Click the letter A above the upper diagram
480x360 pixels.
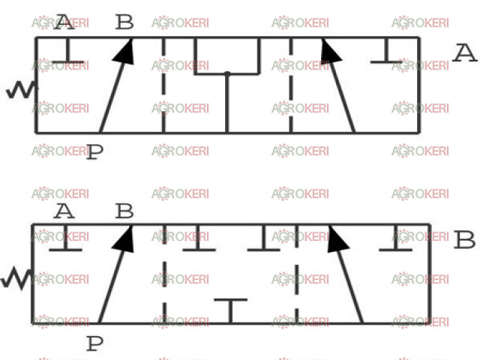64,22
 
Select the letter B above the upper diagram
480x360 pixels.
124,22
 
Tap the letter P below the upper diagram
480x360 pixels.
95,152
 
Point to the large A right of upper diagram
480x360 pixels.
465,53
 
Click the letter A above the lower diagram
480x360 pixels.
64,211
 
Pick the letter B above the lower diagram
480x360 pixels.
124,211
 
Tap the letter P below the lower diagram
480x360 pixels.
95,343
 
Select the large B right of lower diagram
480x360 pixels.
465,240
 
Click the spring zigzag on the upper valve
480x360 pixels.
22,90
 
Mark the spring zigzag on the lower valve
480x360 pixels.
16,278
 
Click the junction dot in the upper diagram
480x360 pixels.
227,73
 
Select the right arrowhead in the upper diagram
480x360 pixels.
330,51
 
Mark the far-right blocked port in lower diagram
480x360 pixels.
395,238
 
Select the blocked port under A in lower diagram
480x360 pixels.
65,238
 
